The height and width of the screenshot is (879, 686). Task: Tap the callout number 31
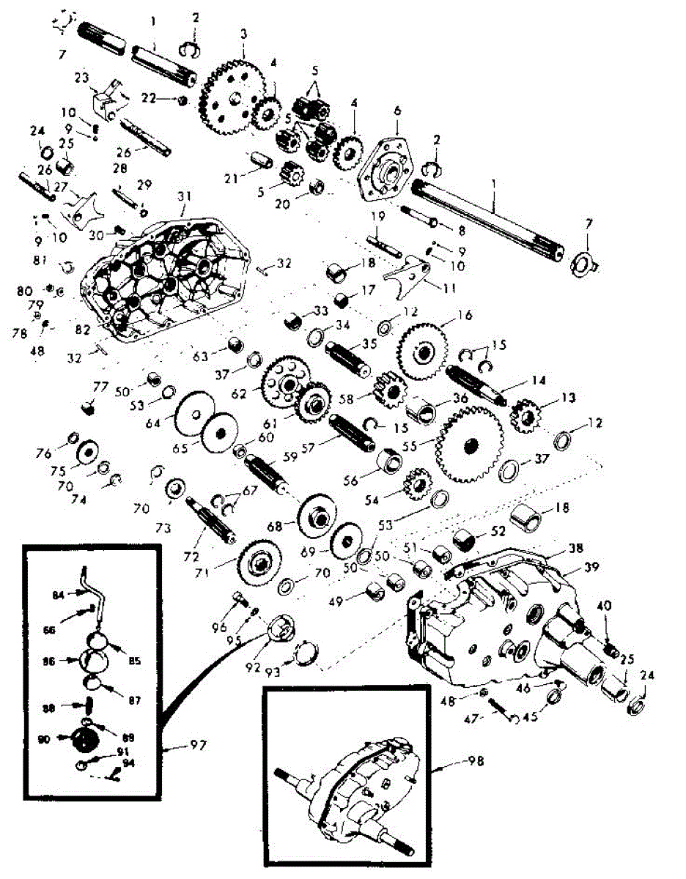coord(182,196)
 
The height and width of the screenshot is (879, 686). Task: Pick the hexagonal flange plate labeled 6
coord(389,168)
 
